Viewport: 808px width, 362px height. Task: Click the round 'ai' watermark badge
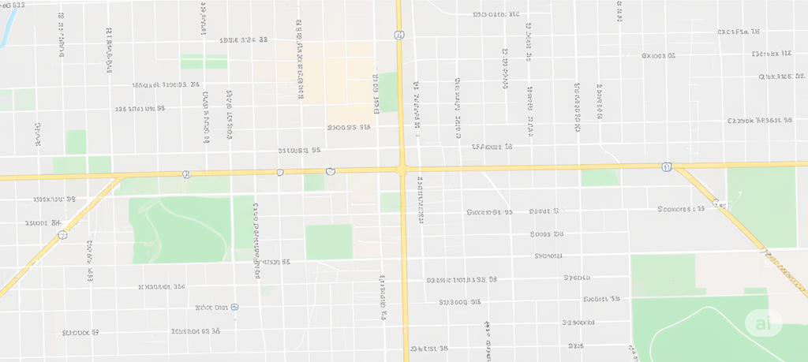(763, 323)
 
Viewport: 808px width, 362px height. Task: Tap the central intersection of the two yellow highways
(402, 169)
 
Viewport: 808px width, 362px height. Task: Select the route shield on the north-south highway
(401, 35)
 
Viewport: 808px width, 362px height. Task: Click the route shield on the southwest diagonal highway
(62, 234)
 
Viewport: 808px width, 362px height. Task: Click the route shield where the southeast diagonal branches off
(667, 166)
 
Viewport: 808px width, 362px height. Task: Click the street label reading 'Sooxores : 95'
(681, 209)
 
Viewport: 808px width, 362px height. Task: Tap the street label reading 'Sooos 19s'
(547, 234)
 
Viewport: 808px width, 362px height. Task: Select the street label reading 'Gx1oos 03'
(659, 56)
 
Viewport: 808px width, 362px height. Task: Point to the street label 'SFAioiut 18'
(492, 147)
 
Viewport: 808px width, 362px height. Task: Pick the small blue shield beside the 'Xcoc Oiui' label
(235, 306)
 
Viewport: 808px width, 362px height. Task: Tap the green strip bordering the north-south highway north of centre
(387, 91)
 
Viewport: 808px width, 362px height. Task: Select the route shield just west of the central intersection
(331, 171)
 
